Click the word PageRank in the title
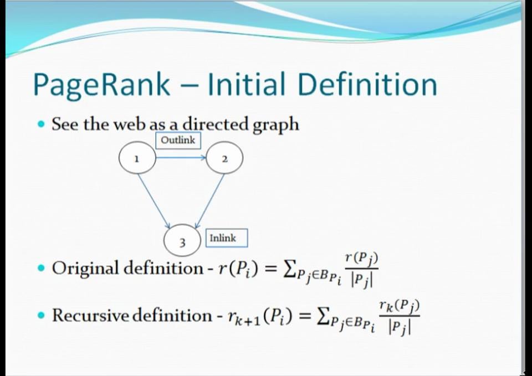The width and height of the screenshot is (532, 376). click(x=101, y=85)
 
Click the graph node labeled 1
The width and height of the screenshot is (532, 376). click(x=137, y=158)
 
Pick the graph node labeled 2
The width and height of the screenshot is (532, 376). click(x=224, y=158)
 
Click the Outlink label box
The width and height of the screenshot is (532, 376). click(x=178, y=140)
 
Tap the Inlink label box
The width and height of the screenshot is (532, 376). click(x=226, y=238)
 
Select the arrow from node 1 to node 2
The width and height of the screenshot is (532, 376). click(x=181, y=158)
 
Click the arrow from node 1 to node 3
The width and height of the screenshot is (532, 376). click(x=154, y=200)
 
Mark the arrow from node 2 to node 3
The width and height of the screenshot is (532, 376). click(x=210, y=200)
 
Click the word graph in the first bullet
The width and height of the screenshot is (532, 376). click(x=275, y=125)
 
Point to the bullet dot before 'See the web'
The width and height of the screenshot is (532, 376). click(x=41, y=125)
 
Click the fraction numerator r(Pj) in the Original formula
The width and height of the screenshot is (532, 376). click(x=361, y=257)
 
